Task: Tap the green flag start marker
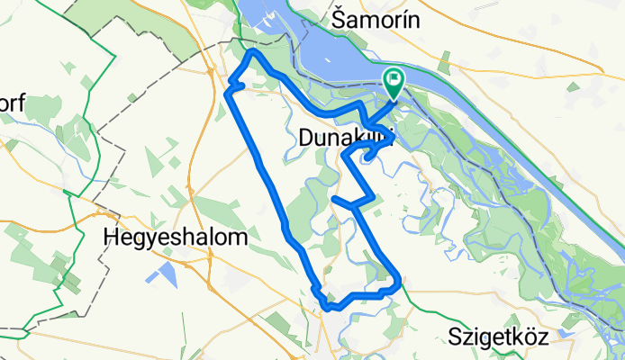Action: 394,81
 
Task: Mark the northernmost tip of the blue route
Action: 251,52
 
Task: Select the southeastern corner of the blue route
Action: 398,281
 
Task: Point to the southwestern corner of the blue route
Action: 318,290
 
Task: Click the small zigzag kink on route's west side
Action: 236,85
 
